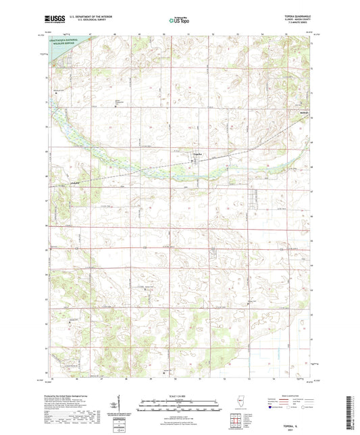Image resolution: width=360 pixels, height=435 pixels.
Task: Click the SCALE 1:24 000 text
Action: click(179, 396)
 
